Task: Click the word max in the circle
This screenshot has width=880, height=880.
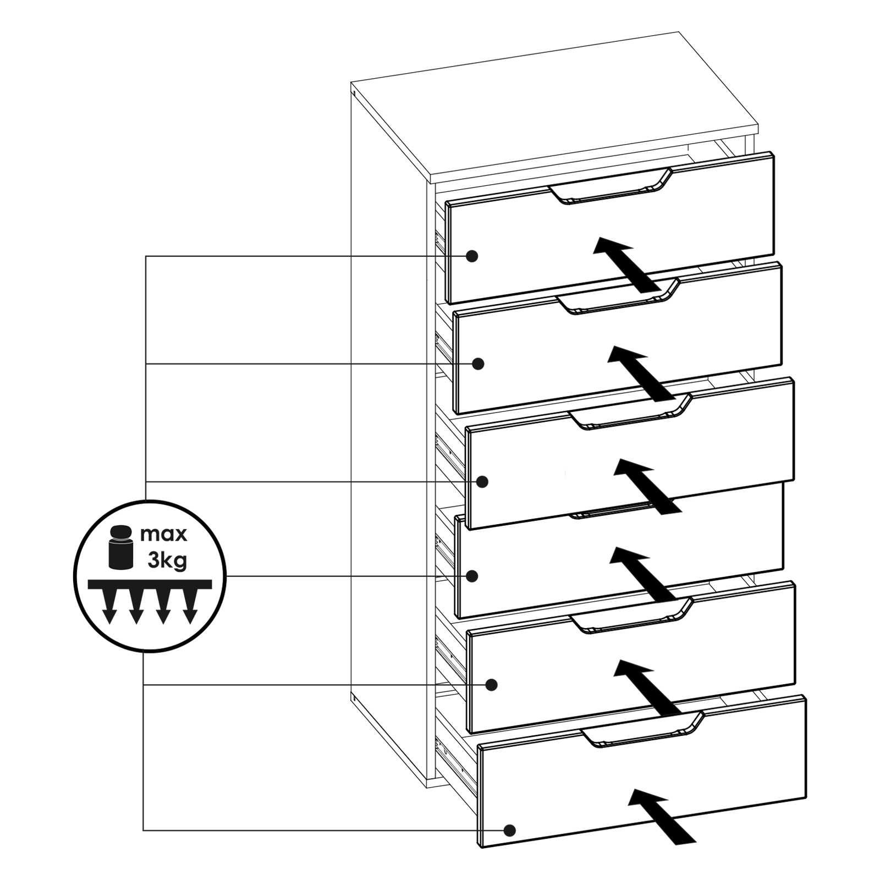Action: tap(164, 533)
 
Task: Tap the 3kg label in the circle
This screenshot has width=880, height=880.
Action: tap(167, 560)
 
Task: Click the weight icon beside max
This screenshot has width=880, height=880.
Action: tap(121, 547)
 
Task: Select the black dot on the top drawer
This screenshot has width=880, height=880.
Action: tap(471, 256)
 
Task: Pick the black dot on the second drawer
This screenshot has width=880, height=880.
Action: tap(478, 364)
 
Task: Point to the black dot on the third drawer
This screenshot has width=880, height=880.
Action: tap(482, 482)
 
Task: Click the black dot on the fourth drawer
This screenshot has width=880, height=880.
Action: tap(471, 576)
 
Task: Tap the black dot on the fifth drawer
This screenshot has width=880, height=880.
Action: tap(492, 685)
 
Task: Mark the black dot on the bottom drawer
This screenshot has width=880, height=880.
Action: tap(509, 830)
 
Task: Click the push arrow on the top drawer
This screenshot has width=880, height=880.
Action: tap(626, 265)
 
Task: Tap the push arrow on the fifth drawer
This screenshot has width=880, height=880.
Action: tap(647, 688)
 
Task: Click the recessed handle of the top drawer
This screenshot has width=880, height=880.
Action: tap(610, 187)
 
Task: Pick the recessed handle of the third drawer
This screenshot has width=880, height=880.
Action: tap(630, 412)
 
